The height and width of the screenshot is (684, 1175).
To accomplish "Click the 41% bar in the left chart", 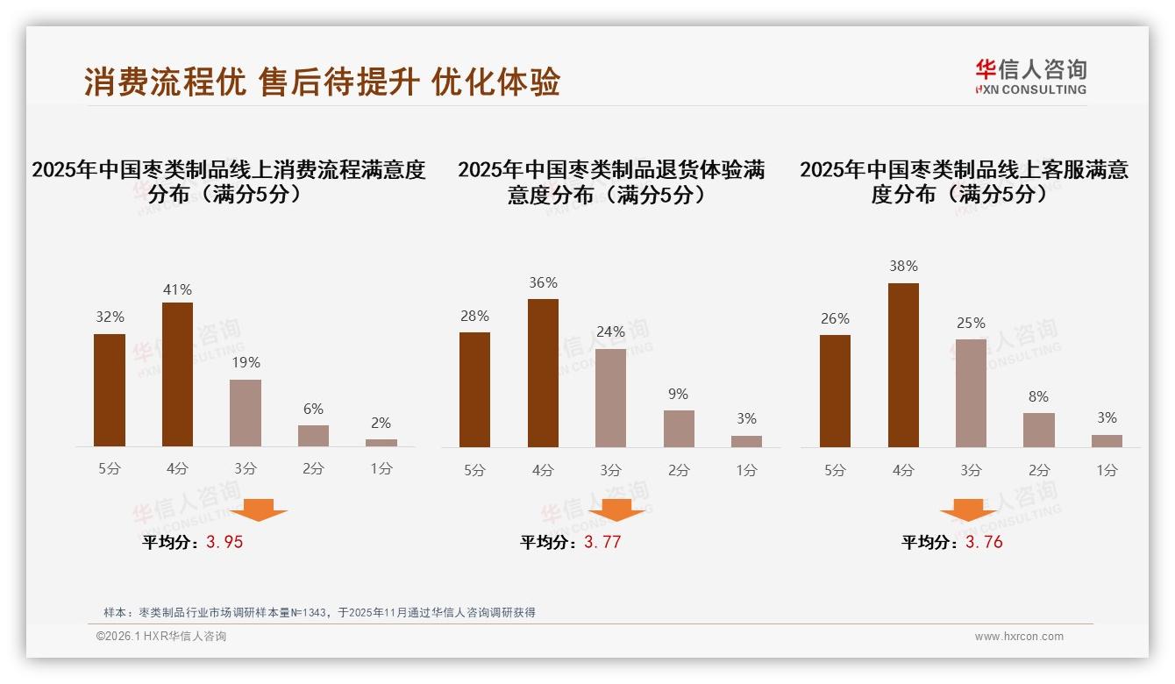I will coord(177,374).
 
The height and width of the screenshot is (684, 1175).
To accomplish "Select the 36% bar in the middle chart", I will coord(543,373).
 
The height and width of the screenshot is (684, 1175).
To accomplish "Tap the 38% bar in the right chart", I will coord(903,365).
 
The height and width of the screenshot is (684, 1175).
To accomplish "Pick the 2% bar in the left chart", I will coord(381,443).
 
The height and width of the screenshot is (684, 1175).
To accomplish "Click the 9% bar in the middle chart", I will coord(679,429).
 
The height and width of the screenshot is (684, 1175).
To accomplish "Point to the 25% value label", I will coord(971,323).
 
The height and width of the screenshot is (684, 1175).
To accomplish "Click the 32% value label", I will coord(110,317).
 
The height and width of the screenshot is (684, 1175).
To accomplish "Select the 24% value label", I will coord(610,331).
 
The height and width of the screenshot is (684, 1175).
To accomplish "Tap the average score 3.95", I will coord(224,542).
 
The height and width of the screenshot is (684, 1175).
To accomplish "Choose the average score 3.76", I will coord(984,542).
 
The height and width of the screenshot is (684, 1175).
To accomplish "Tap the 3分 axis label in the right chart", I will coord(971,470).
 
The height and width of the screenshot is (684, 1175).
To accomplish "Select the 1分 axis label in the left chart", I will coord(381,469).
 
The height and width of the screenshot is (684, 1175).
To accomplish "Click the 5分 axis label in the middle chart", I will coord(474,470).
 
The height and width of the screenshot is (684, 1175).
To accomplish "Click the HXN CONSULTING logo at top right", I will coord(1030,77).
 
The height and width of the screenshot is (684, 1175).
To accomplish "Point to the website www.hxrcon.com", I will coord(1019,637).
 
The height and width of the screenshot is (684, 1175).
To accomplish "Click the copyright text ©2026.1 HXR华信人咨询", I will coord(160,637).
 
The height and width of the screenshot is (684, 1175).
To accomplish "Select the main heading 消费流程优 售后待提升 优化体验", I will coord(322,82).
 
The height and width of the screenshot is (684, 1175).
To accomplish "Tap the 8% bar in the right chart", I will coord(1039,430).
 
